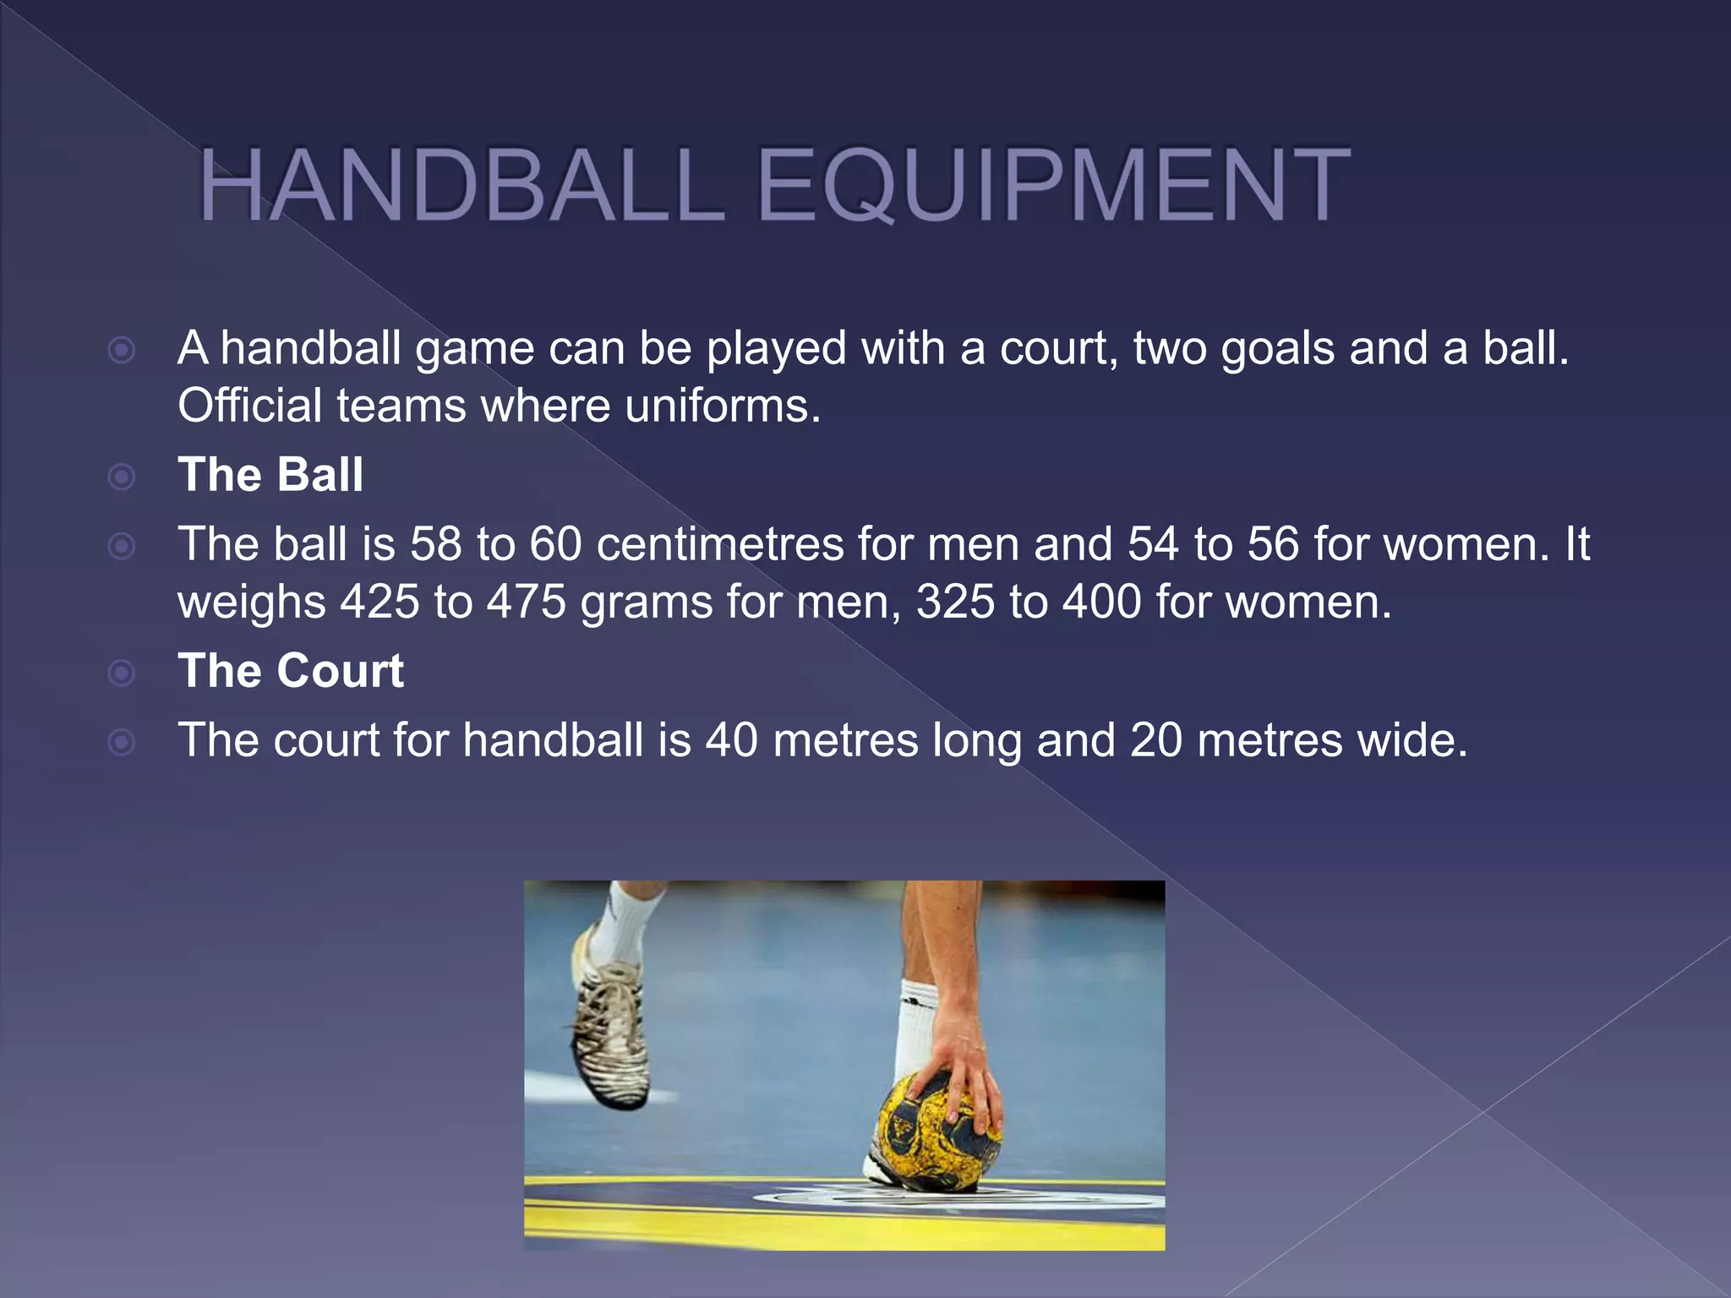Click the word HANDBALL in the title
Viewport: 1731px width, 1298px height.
461,185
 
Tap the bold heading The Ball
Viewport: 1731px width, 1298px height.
270,474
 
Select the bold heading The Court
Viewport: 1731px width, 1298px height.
291,671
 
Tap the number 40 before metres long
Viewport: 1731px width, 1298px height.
732,740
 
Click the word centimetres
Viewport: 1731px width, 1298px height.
720,544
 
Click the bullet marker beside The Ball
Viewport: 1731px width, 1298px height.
123,477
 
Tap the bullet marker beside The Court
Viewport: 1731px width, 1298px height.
123,674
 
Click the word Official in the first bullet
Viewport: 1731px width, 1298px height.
250,406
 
